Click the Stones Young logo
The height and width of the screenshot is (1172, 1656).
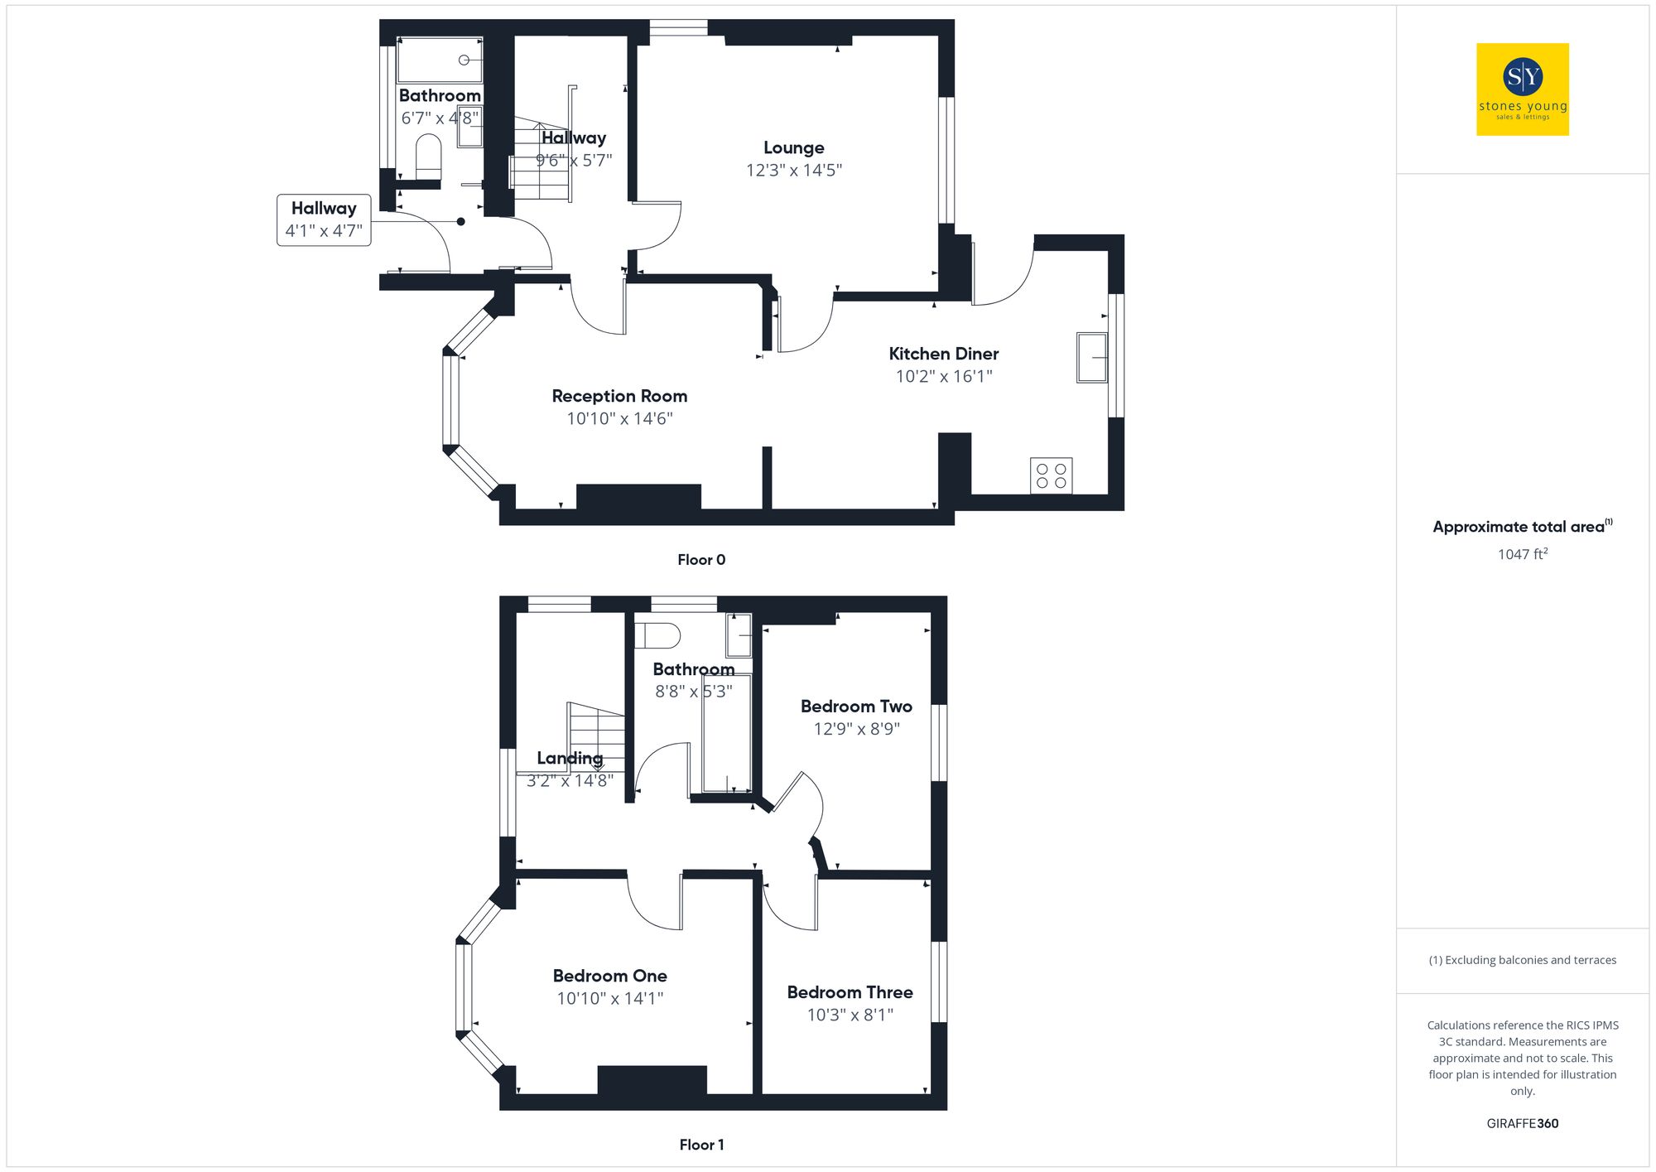point(1522,89)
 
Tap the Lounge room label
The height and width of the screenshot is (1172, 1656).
point(793,148)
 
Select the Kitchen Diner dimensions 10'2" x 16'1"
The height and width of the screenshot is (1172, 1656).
point(943,377)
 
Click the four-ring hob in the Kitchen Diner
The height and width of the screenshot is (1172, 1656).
point(1051,475)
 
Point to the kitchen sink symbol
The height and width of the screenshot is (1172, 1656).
point(1091,357)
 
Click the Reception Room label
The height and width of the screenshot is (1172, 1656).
point(619,397)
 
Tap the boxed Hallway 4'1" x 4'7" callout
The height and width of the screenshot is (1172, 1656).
point(324,219)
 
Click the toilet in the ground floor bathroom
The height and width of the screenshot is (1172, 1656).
point(428,156)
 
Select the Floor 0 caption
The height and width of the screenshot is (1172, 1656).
point(700,560)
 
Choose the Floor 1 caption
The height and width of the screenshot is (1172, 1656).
point(700,1145)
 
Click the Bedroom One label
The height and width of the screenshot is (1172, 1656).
point(609,977)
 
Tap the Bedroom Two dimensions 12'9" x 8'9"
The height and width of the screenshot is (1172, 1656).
point(856,729)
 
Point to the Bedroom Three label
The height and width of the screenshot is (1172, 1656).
point(850,992)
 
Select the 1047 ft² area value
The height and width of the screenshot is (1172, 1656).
point(1522,554)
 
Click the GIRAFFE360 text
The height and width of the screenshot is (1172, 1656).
point(1522,1124)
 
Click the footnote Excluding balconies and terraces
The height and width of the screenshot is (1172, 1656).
point(1522,960)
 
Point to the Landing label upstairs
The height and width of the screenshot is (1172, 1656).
point(570,758)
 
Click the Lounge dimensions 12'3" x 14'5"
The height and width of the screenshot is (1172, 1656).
point(793,171)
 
